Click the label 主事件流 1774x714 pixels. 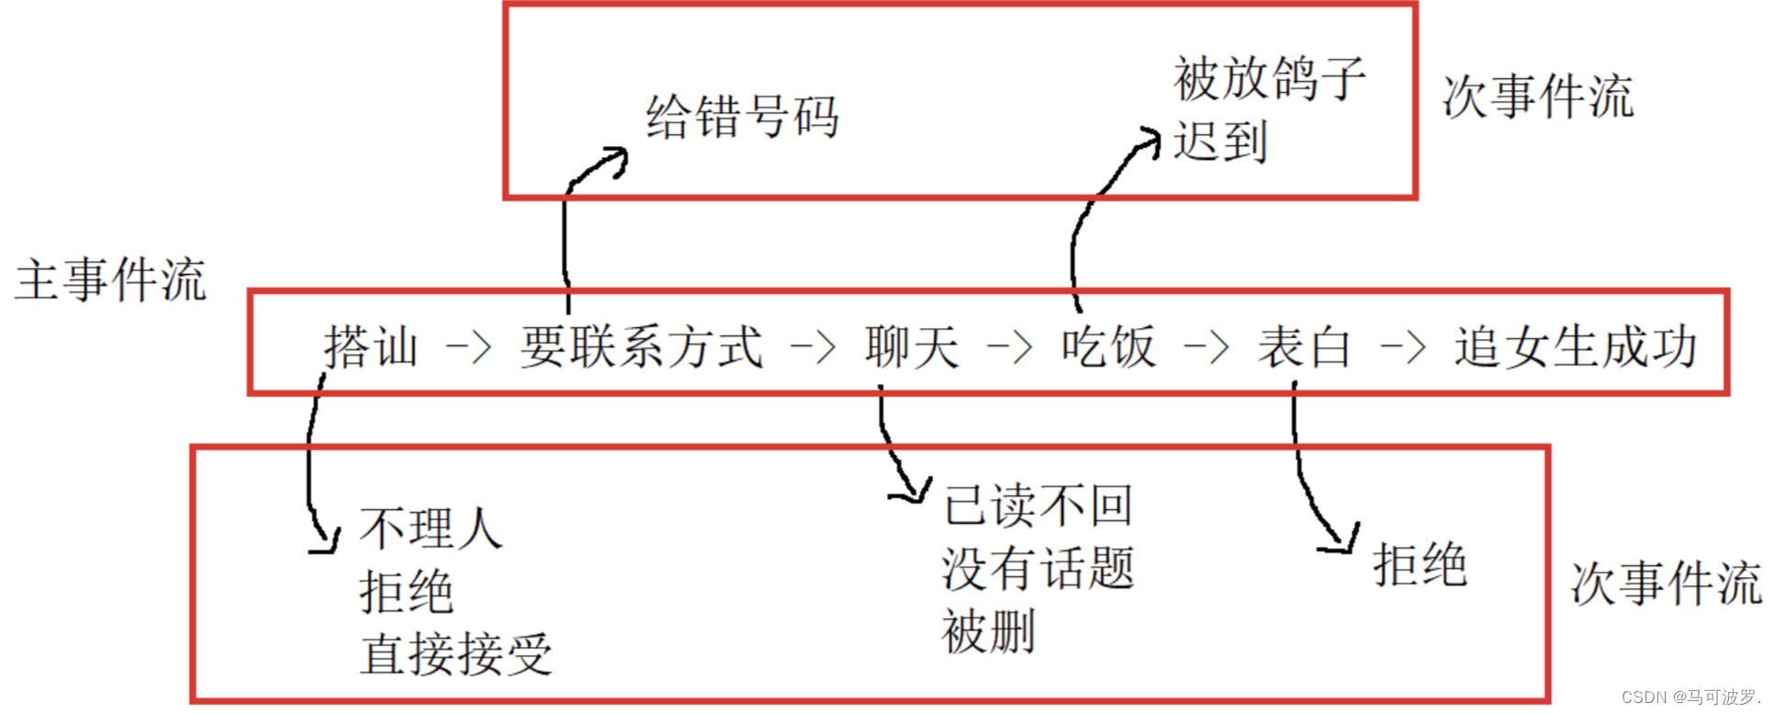click(110, 280)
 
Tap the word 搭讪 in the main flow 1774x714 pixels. click(371, 347)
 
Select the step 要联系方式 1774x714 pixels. click(641, 347)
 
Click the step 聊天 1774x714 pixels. click(912, 347)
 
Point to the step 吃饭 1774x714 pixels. click(1108, 347)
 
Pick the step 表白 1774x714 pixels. click(1304, 347)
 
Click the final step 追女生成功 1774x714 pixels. click(1575, 347)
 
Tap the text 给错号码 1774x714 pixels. click(742, 118)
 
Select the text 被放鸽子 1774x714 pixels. click(1270, 78)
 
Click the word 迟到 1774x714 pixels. click(1220, 142)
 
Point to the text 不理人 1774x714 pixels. click(431, 528)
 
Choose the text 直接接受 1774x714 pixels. click(455, 654)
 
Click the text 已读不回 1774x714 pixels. click(1039, 505)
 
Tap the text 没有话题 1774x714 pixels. click(1039, 568)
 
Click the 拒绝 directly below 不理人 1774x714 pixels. click(406, 592)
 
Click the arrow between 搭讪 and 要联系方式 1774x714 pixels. click(468, 348)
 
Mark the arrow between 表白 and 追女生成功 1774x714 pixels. click(1402, 348)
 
